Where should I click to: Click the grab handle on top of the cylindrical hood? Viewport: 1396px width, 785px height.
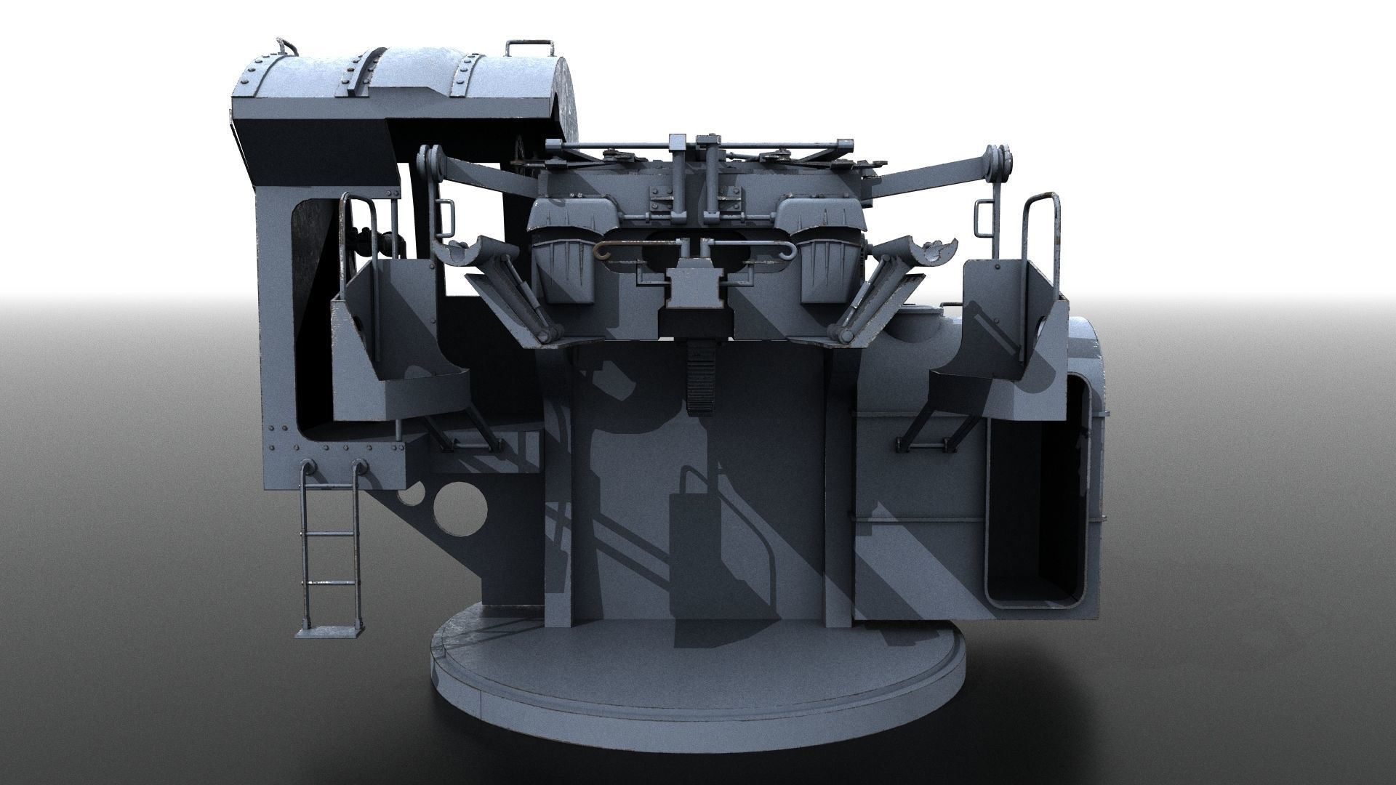pos(528,47)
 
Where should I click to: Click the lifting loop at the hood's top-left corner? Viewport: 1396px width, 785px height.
pos(285,47)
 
